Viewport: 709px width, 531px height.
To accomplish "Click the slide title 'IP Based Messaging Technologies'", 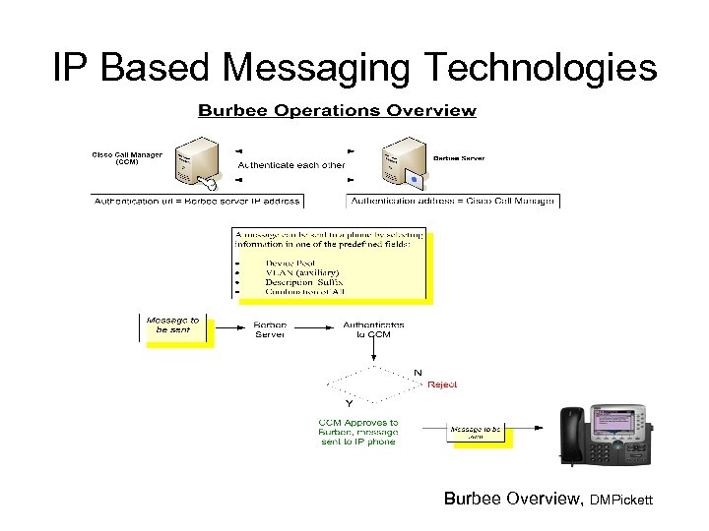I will (354, 67).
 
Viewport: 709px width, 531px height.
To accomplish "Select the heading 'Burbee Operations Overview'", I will (337, 111).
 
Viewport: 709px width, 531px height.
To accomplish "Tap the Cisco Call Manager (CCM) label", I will (128, 159).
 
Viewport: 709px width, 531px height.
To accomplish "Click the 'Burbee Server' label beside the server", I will (459, 158).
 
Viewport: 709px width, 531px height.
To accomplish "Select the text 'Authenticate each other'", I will (291, 165).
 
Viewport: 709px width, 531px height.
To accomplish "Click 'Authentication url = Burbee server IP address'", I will (196, 201).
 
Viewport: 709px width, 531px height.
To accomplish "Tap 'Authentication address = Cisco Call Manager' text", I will (453, 201).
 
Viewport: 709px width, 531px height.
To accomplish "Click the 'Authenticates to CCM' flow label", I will (372, 329).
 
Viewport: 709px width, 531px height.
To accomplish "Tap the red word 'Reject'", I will (442, 384).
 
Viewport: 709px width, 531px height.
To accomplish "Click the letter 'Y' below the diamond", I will (348, 404).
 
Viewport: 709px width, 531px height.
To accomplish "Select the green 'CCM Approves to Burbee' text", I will (358, 432).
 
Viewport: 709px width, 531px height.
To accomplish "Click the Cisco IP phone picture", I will (605, 434).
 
